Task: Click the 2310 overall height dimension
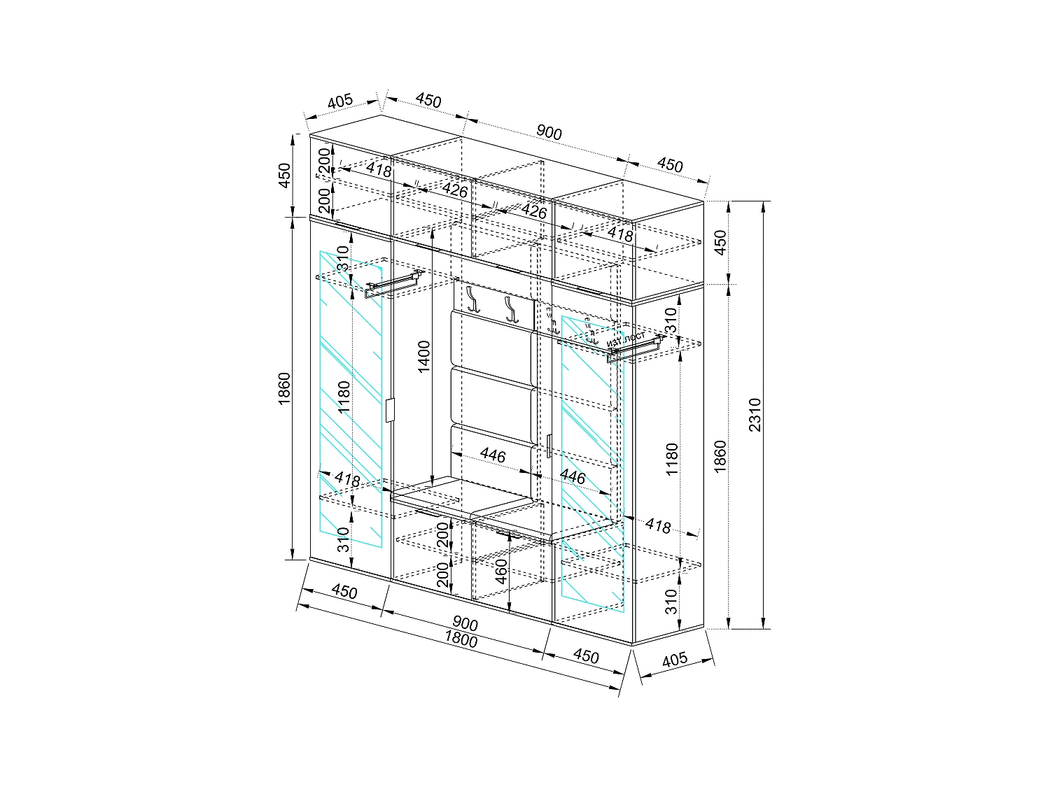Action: pos(754,416)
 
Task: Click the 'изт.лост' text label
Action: pos(626,339)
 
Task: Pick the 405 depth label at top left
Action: pos(339,102)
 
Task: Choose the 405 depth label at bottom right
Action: pos(674,660)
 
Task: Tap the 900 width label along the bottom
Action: pos(465,623)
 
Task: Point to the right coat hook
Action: pos(508,309)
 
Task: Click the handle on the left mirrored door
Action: pos(390,411)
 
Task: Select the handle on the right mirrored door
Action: pos(550,446)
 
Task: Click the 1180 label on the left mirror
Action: pos(344,398)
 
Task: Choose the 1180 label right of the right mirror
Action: pos(671,460)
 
